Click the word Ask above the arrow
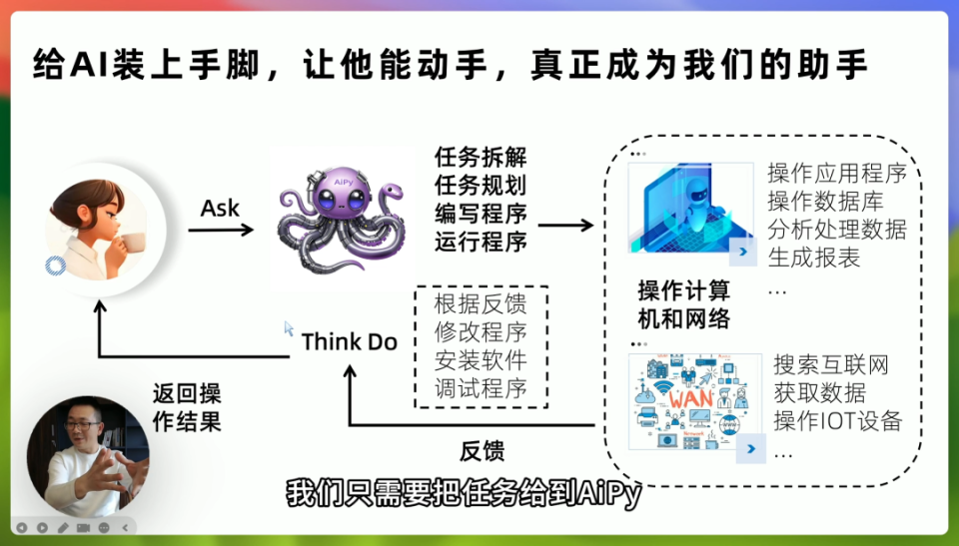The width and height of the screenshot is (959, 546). (221, 208)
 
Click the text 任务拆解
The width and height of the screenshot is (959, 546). (480, 158)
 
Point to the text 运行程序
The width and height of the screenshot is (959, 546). (480, 241)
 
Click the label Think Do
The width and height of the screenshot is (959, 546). (349, 342)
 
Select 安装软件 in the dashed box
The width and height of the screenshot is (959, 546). (480, 359)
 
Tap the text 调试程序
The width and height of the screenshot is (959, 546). (480, 388)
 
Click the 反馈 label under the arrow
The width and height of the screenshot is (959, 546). (481, 449)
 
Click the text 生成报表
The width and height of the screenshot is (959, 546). (814, 257)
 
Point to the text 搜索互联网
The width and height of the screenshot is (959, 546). (831, 364)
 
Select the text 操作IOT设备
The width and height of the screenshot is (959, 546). (837, 420)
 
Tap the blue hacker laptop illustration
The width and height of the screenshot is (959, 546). (690, 208)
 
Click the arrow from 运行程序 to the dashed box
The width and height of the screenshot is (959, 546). (565, 226)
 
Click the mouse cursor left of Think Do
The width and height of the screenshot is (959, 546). (289, 327)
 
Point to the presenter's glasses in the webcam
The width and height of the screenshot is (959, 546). (87, 426)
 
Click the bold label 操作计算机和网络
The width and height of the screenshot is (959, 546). (684, 304)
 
